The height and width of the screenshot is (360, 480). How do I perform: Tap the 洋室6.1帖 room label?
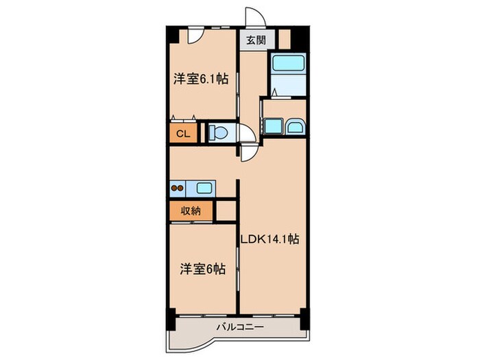pos(200,80)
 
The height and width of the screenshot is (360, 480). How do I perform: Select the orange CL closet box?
pos(183,132)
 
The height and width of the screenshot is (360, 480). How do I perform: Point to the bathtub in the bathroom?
pos(287,63)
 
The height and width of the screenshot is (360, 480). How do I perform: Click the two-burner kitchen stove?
pos(178,187)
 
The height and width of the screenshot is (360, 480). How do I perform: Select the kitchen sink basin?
pos(205,187)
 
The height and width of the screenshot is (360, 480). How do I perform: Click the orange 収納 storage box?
pos(191,211)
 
